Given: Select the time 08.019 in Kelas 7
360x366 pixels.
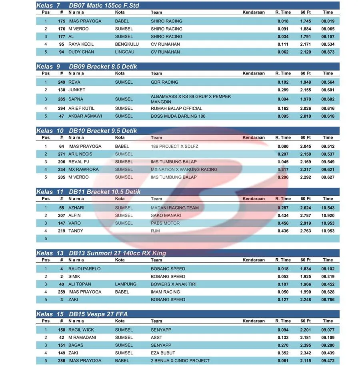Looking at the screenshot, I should (328, 21).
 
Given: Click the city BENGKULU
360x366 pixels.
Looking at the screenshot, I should (127, 44).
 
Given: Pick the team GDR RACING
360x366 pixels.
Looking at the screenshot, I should (164, 82).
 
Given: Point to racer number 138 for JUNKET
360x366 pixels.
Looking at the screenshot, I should (61, 90).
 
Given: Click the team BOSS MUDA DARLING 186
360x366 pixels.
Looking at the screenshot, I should (178, 116).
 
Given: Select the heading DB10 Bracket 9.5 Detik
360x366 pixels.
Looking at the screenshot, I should (103, 131).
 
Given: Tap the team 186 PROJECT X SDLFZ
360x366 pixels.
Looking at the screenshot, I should (174, 147).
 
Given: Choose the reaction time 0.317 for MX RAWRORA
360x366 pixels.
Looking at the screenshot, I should (283, 169).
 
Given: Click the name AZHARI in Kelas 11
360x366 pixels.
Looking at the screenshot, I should (76, 208).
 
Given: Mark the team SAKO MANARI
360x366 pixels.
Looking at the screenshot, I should (166, 215).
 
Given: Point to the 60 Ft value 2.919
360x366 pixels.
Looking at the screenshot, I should (306, 223).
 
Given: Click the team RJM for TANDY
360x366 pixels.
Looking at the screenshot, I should (155, 231).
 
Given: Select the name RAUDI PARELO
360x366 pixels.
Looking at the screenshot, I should (84, 269).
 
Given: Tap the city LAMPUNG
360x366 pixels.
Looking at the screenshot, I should (126, 284).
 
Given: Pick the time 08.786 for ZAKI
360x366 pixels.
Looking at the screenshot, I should (328, 300).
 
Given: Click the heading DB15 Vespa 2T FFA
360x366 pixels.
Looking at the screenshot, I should (98, 314).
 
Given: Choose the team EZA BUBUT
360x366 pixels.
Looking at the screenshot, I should (163, 353).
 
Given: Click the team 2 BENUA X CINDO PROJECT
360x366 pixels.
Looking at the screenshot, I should (180, 360).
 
